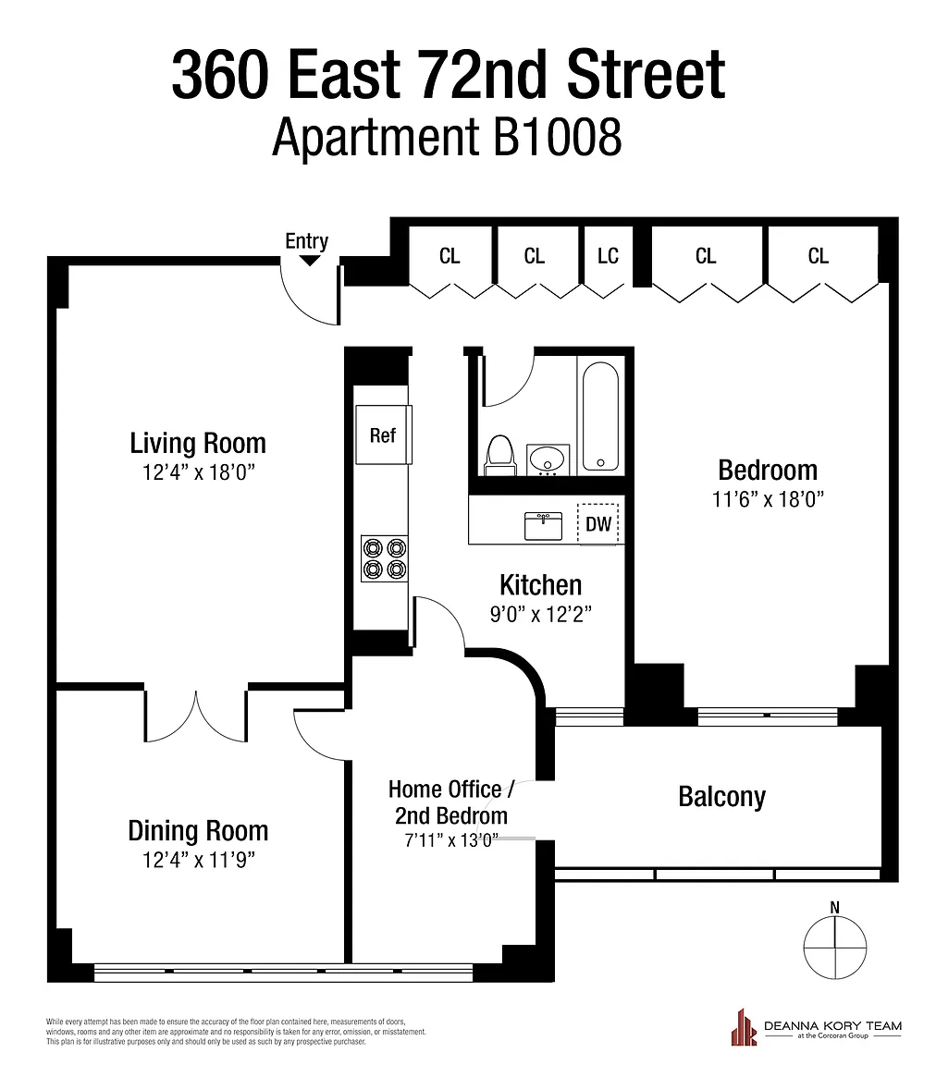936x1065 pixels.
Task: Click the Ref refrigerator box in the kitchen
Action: click(384, 435)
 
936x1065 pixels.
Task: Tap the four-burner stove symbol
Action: click(385, 558)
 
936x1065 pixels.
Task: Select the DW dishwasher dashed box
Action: click(598, 523)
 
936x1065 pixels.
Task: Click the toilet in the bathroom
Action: click(499, 455)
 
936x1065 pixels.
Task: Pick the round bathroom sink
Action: click(548, 459)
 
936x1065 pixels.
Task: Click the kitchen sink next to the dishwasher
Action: click(543, 526)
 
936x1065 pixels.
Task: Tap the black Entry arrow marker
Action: click(310, 260)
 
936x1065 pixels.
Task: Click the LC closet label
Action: click(608, 256)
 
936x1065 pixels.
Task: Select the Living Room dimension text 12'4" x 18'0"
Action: click(199, 472)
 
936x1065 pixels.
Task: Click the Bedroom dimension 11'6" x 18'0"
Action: click(768, 499)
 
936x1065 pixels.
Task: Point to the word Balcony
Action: click(721, 797)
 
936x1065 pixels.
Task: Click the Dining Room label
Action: click(199, 831)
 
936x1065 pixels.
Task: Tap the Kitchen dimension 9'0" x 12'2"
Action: click(541, 614)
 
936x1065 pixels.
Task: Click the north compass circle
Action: click(834, 948)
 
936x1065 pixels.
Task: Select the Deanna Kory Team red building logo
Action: click(744, 1027)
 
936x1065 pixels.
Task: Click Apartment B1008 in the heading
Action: click(447, 137)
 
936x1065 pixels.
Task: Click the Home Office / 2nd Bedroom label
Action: click(451, 802)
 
